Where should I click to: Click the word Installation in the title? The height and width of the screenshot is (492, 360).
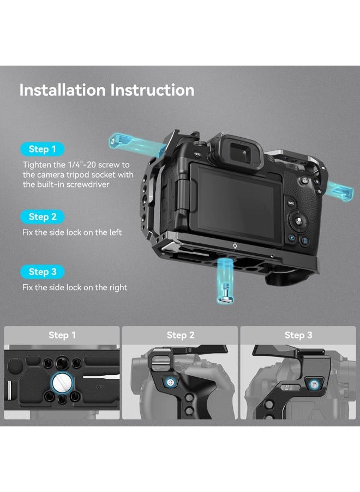[63, 90]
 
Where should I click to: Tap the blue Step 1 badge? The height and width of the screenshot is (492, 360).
[43, 149]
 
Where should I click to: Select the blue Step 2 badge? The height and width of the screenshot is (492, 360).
[43, 216]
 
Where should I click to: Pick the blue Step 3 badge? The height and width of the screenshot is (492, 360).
[43, 272]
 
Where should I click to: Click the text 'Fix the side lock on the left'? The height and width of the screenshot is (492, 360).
[72, 232]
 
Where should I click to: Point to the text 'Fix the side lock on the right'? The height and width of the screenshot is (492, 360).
[75, 287]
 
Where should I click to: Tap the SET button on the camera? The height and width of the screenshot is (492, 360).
[299, 222]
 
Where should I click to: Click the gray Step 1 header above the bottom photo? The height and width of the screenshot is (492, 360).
[62, 335]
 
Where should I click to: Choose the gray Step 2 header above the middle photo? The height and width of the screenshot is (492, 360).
[180, 335]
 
